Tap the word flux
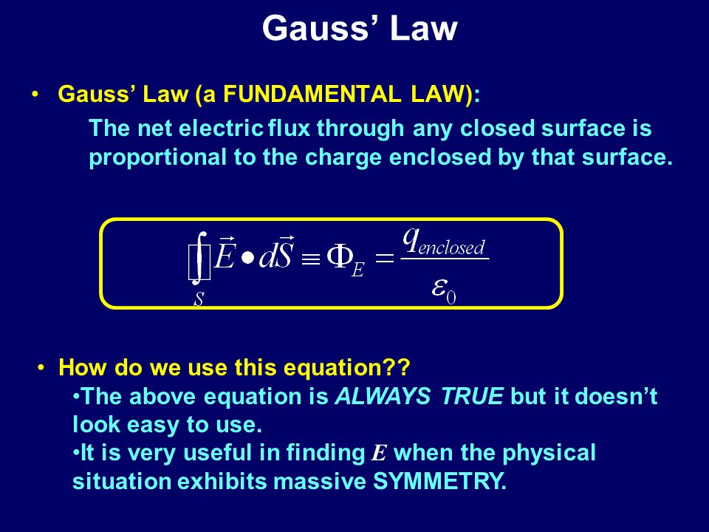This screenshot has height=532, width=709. (289, 128)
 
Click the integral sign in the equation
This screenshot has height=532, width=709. (199, 259)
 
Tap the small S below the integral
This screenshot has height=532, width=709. (199, 299)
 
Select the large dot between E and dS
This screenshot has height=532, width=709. (247, 259)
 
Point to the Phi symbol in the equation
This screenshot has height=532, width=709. (340, 257)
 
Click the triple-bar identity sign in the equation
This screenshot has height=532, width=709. (311, 259)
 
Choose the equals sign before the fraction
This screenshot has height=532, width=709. (384, 259)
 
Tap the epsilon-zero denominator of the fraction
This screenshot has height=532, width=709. (444, 290)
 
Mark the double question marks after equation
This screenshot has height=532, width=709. (397, 367)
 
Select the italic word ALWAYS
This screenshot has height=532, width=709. (383, 397)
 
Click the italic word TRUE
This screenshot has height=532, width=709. (472, 396)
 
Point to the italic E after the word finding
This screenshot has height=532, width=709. (379, 453)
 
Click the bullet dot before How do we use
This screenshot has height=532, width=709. (41, 367)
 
